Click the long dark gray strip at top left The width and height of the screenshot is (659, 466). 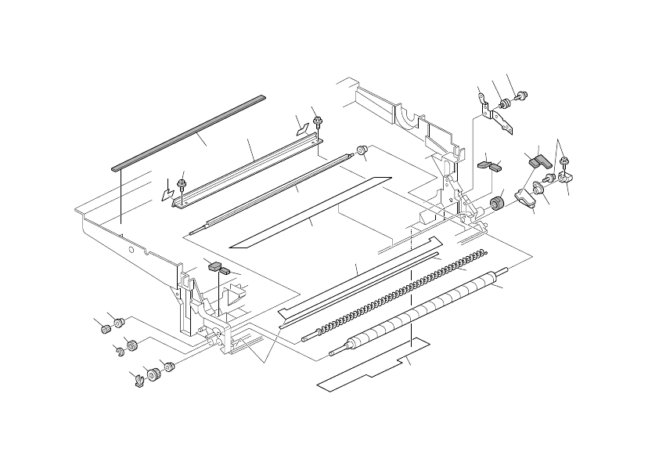pyautogui.click(x=188, y=132)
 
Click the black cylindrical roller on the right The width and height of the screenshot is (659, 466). pyautogui.click(x=495, y=205)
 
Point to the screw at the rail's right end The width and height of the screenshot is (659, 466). pyautogui.click(x=318, y=121)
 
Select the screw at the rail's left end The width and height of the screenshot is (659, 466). pyautogui.click(x=182, y=185)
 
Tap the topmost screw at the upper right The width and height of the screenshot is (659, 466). pyautogui.click(x=523, y=96)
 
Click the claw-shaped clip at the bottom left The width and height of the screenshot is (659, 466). pyautogui.click(x=136, y=381)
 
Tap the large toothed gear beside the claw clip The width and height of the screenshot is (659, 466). pyautogui.click(x=150, y=377)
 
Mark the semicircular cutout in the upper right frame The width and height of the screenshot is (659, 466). pyautogui.click(x=407, y=117)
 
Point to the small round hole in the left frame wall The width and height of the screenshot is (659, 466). pyautogui.click(x=133, y=252)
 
